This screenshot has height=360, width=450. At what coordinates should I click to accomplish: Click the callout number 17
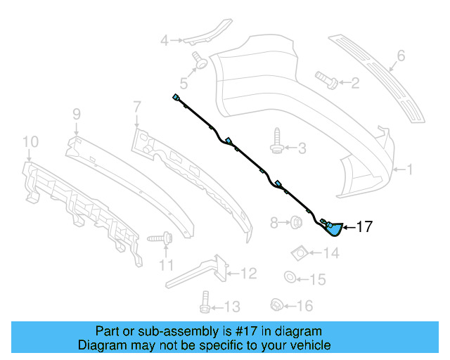pyautogui.click(x=364, y=226)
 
